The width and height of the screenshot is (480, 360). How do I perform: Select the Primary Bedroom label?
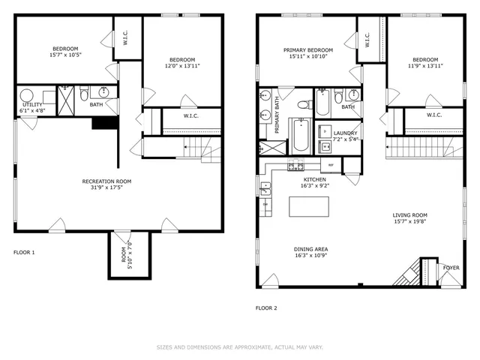[307, 50]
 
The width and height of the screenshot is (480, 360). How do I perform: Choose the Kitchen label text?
[313, 180]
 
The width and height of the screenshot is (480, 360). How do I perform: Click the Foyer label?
[451, 266]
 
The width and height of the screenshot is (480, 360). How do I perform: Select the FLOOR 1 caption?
[24, 253]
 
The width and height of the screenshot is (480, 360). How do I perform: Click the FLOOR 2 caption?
[266, 307]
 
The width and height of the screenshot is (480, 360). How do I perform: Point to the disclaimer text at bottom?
[239, 347]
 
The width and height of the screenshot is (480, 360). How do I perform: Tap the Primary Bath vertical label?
[277, 116]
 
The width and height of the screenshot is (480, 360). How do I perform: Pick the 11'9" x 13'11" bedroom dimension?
[424, 66]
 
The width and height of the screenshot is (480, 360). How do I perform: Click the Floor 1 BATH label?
[97, 104]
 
